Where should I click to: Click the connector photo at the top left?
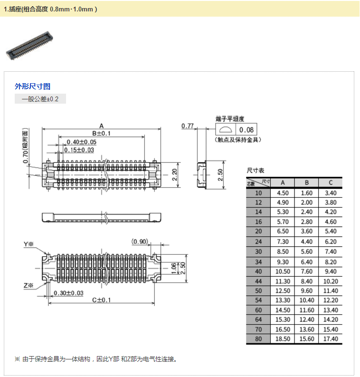29,46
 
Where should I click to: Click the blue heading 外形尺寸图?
32,87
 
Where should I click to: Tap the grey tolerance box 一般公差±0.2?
40,99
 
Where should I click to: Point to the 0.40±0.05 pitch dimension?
81,142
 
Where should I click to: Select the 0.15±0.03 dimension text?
79,150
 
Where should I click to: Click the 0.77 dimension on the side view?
187,126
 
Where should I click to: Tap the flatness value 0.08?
246,130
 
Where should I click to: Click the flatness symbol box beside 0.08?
226,130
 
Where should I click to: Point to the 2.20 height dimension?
174,175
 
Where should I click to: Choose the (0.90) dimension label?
140,242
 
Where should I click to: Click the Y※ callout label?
28,244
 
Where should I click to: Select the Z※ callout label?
28,286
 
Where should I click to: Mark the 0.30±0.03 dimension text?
68,293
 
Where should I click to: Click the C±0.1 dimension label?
101,300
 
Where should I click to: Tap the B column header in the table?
307,183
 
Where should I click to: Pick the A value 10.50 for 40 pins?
283,271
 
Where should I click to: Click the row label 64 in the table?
258,319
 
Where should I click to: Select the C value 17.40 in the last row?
331,339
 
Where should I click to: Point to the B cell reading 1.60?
307,193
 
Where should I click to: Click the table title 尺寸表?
256,171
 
